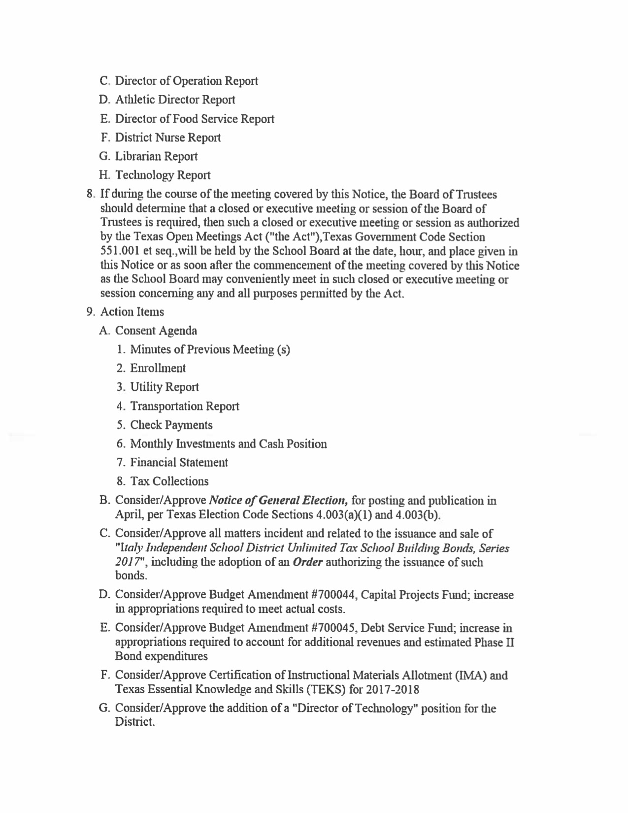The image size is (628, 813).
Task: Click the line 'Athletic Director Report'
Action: pos(175,100)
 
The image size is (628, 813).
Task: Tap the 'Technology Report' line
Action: pos(163,175)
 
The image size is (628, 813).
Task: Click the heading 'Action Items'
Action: pos(132,312)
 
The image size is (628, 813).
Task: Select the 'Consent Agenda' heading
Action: pos(156,331)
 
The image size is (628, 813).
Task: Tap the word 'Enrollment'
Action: pos(158,369)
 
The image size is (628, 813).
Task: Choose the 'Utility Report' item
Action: pos(165,387)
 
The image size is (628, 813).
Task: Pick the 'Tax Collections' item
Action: pos(169,481)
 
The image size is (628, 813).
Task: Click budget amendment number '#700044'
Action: pos(334,595)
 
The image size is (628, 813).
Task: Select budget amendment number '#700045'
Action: pos(334,628)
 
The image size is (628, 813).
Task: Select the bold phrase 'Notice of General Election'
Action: pos(279,501)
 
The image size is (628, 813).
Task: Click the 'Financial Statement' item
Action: pos(179,463)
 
